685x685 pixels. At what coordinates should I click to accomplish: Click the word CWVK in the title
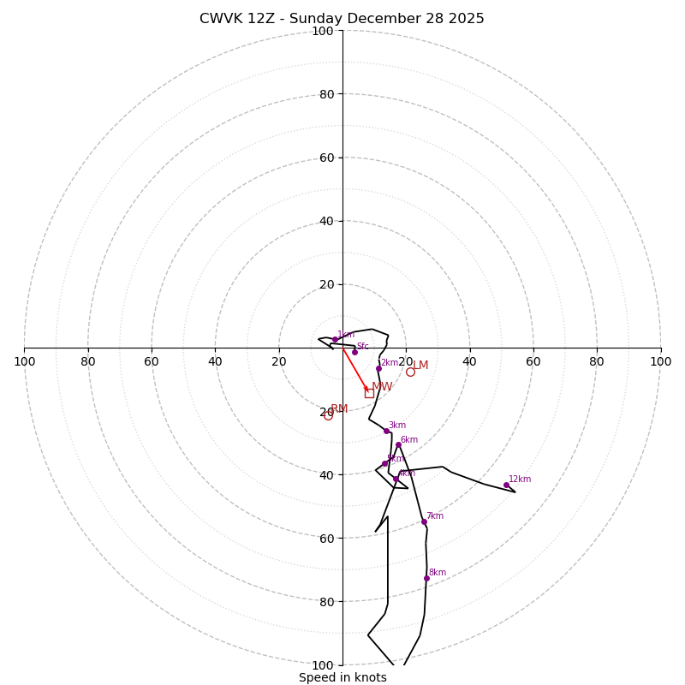(x=220, y=19)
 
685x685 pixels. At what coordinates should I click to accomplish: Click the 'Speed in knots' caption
(x=342, y=677)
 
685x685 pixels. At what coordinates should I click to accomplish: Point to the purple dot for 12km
(x=506, y=485)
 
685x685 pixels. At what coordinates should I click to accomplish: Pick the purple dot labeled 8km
(x=426, y=578)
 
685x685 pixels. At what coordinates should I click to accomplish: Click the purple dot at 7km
(x=424, y=521)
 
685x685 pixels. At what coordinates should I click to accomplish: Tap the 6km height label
(x=409, y=440)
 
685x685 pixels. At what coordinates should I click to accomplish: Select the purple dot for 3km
(x=386, y=431)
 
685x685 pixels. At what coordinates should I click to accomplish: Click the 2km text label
(x=390, y=363)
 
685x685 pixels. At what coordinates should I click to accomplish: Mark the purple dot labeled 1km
(x=335, y=340)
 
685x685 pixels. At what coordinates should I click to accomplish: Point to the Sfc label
(x=363, y=347)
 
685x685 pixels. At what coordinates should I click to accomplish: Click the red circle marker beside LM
(x=410, y=372)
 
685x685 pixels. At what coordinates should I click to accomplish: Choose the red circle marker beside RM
(x=328, y=415)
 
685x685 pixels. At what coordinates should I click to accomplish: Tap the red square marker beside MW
(x=369, y=393)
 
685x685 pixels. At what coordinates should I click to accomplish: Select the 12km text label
(x=520, y=479)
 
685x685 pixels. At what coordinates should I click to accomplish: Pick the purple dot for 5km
(x=384, y=463)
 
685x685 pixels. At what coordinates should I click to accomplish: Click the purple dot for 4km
(x=396, y=479)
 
